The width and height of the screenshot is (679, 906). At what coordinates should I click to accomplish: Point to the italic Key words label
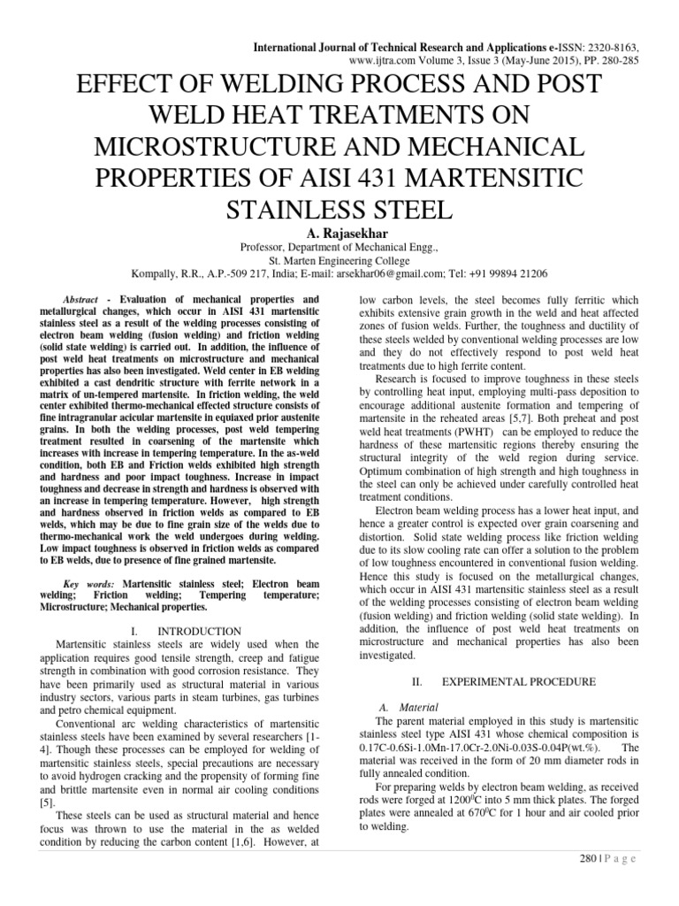(x=91, y=584)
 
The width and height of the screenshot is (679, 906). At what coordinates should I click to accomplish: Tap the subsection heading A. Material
(x=394, y=708)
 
